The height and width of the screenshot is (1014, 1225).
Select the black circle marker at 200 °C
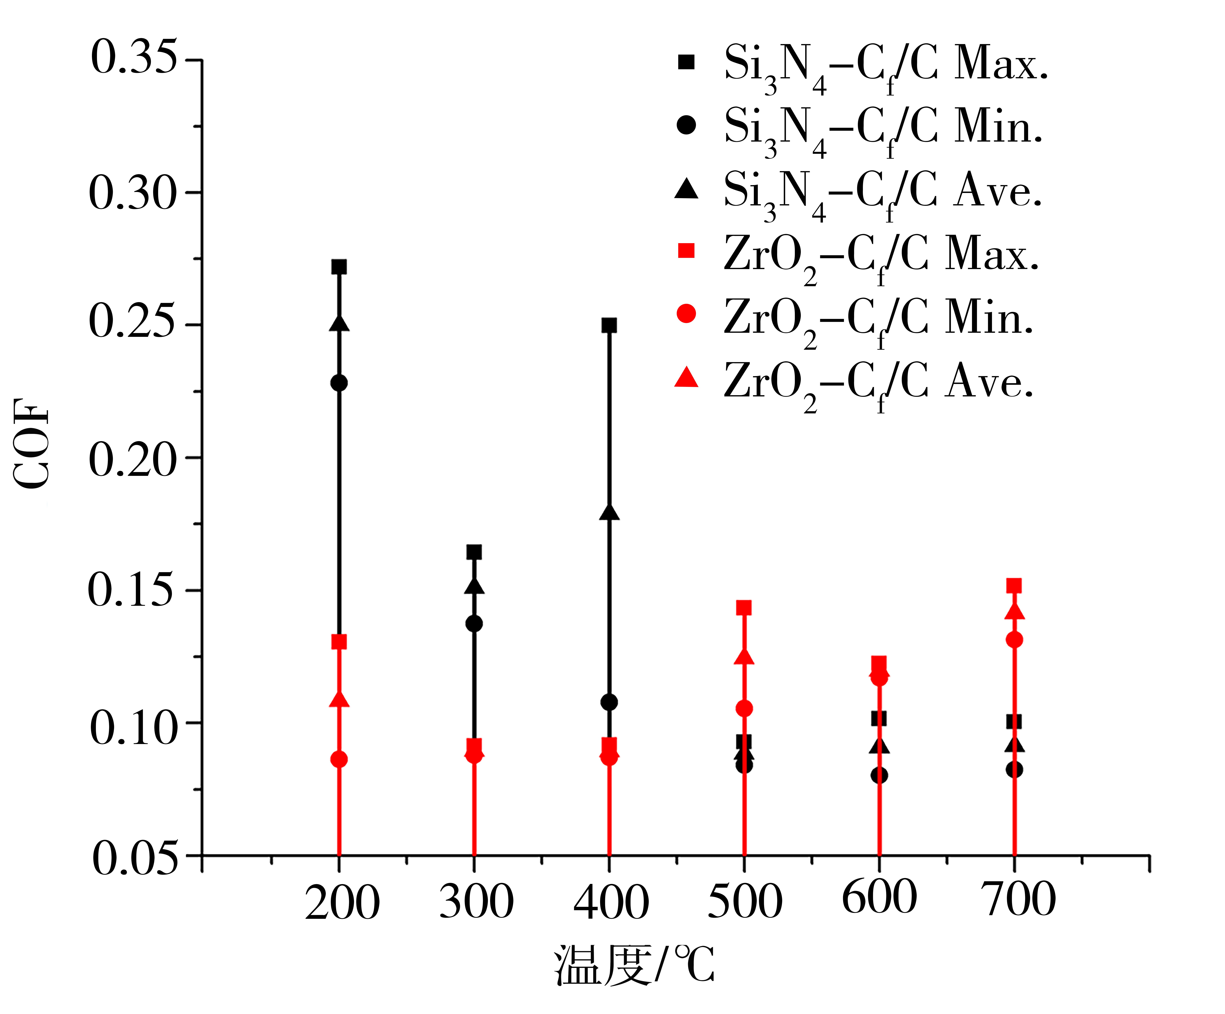(339, 383)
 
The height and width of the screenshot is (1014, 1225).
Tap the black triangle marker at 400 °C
(609, 512)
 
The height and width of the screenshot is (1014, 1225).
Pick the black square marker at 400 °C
(609, 325)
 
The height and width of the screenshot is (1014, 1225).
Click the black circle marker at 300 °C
(474, 623)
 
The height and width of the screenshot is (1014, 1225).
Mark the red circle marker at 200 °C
(339, 759)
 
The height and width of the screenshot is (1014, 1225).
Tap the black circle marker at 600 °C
(879, 776)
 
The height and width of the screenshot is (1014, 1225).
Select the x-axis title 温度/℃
(634, 965)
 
